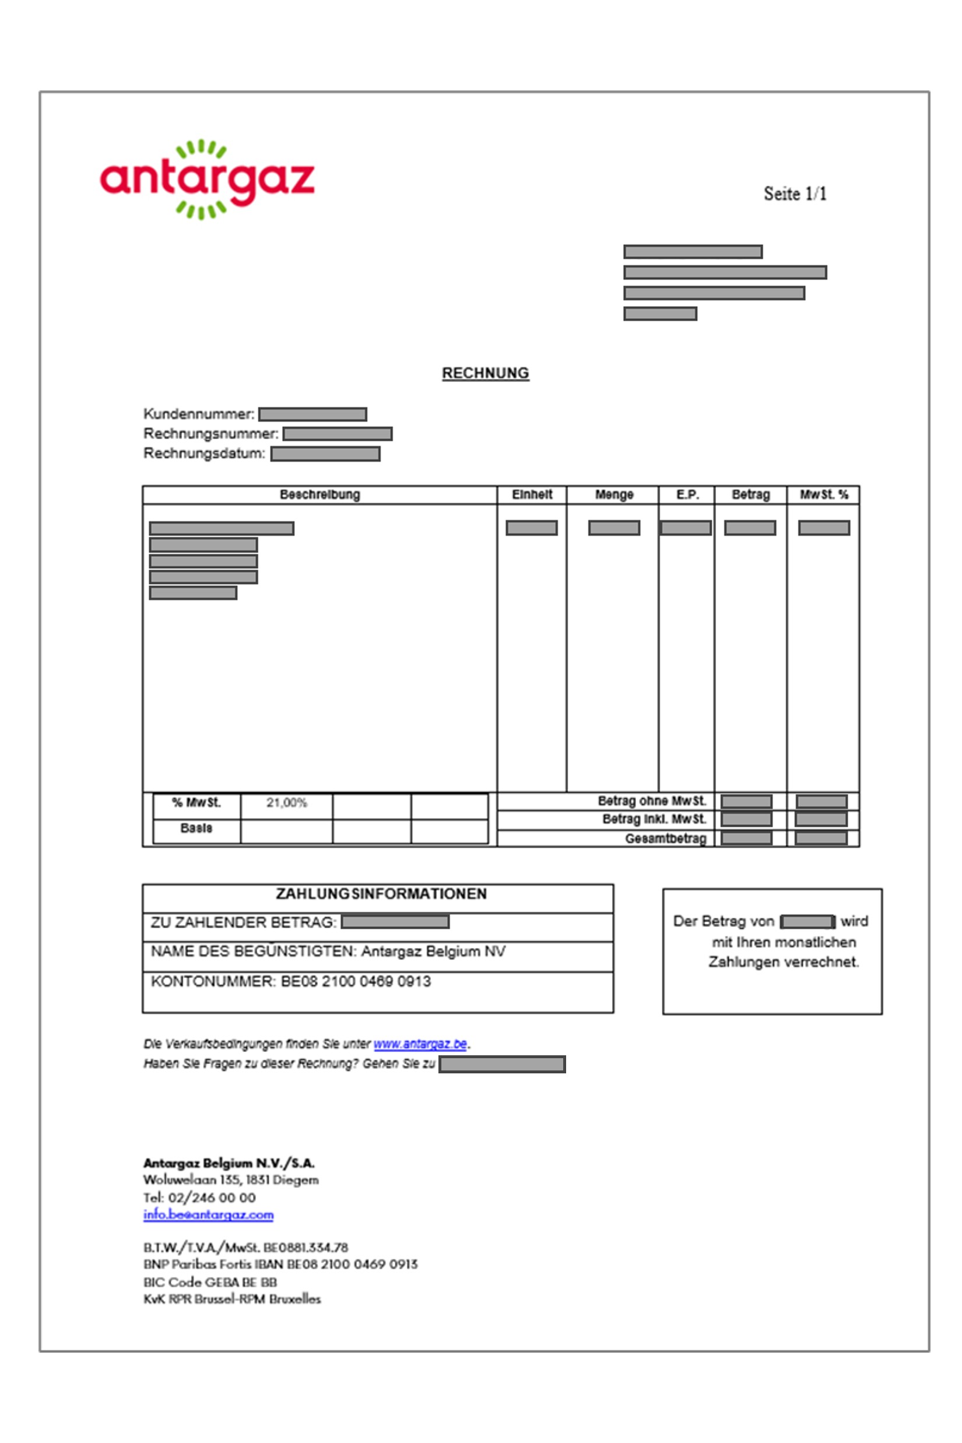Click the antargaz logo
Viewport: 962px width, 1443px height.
pos(208,179)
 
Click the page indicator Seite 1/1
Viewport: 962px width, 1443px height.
pos(795,194)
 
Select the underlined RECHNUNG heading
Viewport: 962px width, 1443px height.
pos(485,373)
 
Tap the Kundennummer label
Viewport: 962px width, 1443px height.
pos(199,414)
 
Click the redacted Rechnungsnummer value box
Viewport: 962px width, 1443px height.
pos(338,434)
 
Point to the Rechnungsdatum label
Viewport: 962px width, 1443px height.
pos(204,454)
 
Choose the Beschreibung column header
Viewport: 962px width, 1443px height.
pos(320,494)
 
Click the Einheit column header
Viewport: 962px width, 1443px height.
pos(532,494)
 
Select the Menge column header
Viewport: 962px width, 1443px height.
pos(613,494)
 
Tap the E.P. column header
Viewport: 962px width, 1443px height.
pos(687,494)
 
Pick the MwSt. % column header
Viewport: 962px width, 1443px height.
pos(823,494)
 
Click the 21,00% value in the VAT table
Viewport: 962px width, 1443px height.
pos(286,802)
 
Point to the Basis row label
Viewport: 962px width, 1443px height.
pos(196,828)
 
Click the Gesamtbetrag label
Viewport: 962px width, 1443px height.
pos(666,838)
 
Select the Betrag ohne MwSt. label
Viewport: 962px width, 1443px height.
pos(652,801)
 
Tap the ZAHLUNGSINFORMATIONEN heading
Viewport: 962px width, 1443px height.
pos(381,894)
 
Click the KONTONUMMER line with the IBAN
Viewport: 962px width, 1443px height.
pos(291,982)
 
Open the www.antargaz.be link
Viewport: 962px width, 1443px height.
pos(420,1044)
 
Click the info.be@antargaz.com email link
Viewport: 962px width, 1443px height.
pos(209,1215)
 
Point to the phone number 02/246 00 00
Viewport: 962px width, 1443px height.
pos(212,1198)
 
